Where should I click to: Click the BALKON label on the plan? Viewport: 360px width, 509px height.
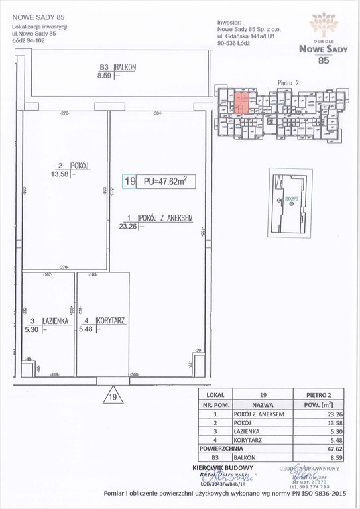(x=125, y=68)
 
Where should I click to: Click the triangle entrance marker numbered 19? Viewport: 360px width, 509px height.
(x=112, y=396)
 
